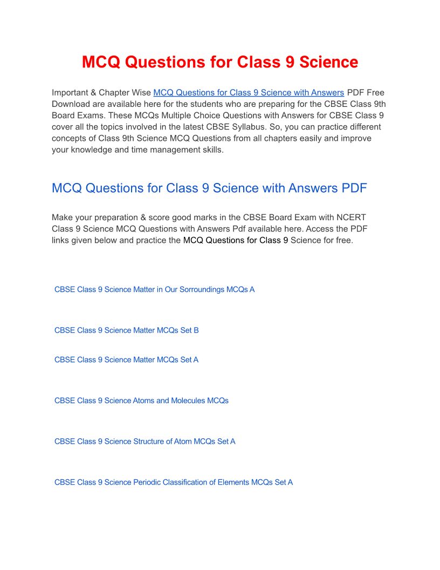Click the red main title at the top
tap(220, 62)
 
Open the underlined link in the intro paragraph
tap(249, 93)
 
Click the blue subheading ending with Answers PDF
tap(209, 188)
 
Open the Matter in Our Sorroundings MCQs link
tap(154, 290)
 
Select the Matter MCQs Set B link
tap(126, 330)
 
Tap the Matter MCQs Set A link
tap(126, 360)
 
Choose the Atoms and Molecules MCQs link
tap(141, 401)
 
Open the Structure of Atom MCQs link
tap(145, 442)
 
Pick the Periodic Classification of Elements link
tap(174, 483)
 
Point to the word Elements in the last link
tap(233, 483)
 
